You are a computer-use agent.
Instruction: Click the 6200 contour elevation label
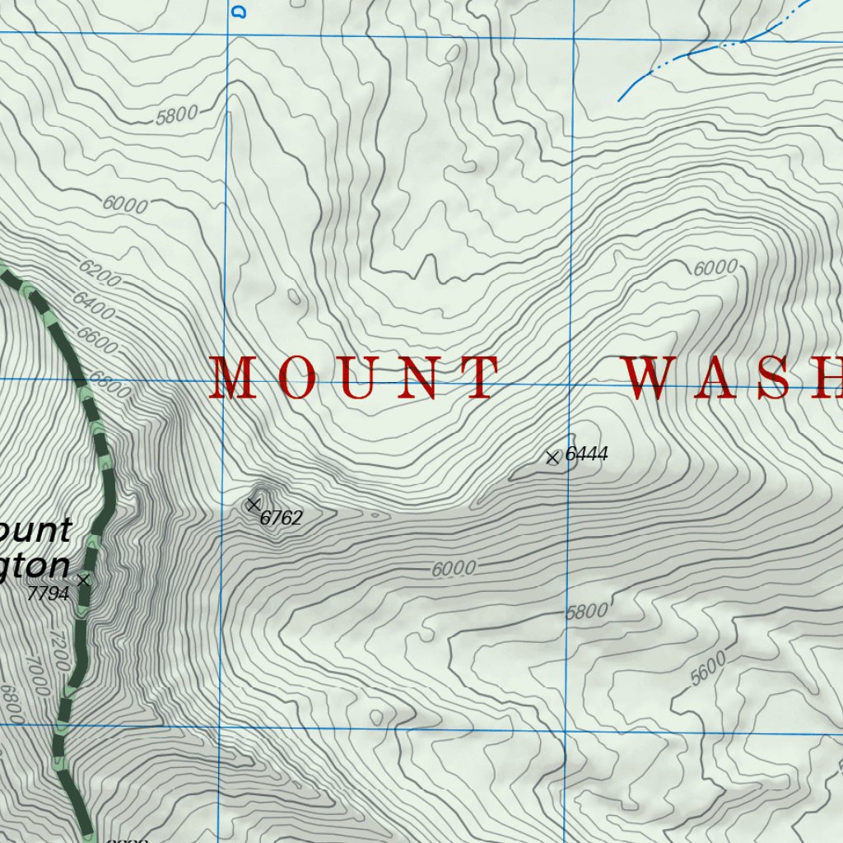point(100,272)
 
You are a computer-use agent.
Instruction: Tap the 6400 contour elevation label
point(93,305)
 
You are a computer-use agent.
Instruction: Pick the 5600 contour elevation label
point(709,668)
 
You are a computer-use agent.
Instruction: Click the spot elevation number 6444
point(586,454)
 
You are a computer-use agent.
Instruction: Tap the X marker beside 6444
point(553,457)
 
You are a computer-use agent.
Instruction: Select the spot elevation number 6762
point(282,518)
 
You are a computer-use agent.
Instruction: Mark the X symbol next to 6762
point(254,504)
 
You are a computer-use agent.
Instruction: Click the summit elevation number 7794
point(48,593)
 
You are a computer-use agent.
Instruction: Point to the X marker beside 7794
point(82,580)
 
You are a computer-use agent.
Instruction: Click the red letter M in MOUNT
point(231,378)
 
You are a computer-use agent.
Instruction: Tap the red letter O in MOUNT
point(293,378)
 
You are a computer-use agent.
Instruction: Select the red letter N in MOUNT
point(420,378)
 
